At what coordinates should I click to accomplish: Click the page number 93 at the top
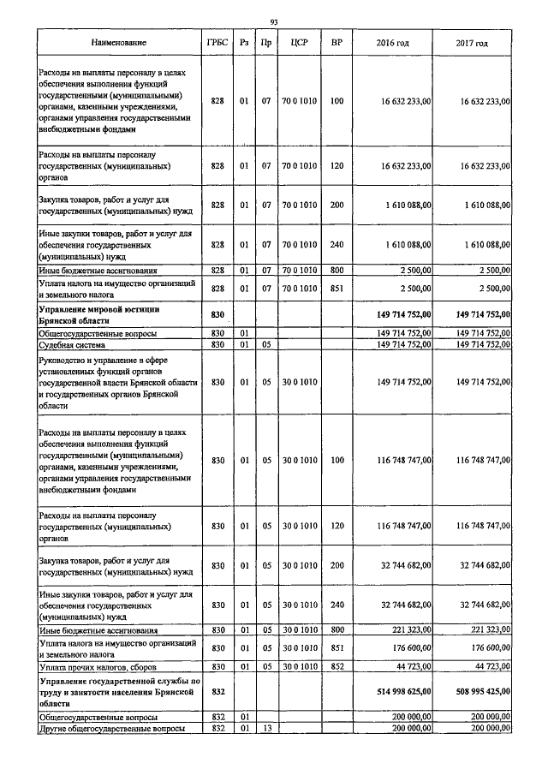click(274, 21)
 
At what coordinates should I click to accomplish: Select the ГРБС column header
click(217, 42)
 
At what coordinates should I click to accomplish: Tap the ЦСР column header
click(299, 42)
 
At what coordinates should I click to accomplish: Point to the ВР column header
click(337, 42)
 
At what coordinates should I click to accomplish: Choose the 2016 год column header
click(393, 42)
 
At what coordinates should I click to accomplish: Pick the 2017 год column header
click(473, 42)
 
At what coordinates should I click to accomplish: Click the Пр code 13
click(266, 728)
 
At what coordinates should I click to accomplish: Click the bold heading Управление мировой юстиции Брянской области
click(100, 314)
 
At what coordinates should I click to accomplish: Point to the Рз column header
click(244, 42)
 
